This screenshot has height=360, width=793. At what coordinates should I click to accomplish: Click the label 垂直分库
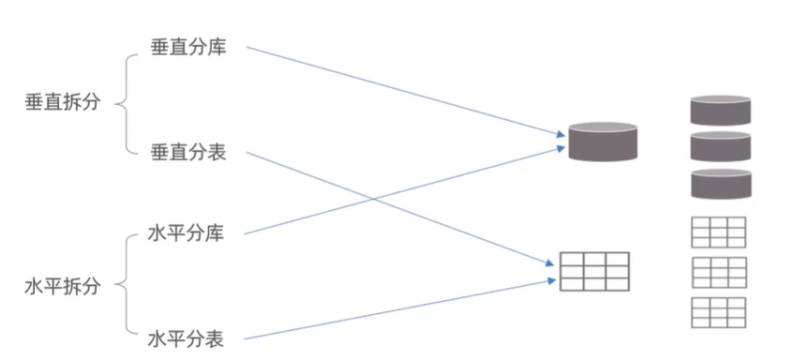(x=188, y=48)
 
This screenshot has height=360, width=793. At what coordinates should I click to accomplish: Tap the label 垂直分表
(x=188, y=152)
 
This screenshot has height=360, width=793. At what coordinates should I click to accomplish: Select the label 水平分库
(x=187, y=233)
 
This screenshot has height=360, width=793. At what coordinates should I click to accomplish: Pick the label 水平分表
(x=187, y=338)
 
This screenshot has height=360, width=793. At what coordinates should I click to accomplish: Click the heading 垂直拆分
(x=63, y=102)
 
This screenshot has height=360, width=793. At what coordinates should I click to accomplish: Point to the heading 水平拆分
(x=63, y=286)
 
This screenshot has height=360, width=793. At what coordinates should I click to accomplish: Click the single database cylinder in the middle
(x=603, y=142)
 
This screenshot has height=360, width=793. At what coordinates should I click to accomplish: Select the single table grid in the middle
(x=594, y=272)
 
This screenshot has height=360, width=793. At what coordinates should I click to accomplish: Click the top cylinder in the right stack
(x=721, y=111)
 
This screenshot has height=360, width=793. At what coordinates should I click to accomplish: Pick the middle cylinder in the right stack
(x=721, y=146)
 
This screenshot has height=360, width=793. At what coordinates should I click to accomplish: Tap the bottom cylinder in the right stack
(x=721, y=184)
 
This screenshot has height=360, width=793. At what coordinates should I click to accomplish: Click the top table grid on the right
(x=719, y=232)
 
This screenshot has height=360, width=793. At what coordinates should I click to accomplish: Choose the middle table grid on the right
(x=719, y=273)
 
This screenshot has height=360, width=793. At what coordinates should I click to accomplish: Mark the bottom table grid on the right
(x=719, y=312)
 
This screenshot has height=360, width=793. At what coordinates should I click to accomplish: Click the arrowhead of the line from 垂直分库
(x=561, y=134)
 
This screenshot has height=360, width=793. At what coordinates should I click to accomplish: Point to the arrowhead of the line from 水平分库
(x=561, y=147)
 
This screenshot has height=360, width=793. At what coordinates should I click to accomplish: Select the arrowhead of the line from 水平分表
(x=551, y=280)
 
